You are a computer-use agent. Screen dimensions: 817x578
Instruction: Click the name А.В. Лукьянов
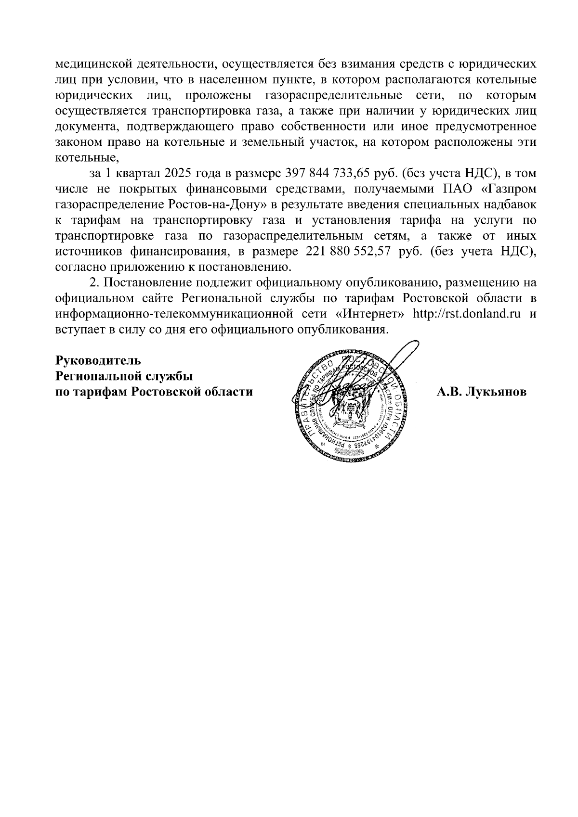point(481,392)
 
